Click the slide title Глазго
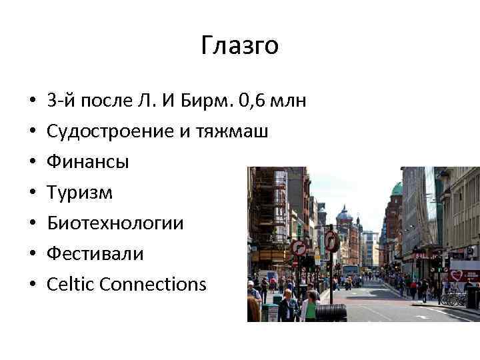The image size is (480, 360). tap(239, 46)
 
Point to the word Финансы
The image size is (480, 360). tap(88, 162)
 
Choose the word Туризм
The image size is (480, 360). tap(80, 193)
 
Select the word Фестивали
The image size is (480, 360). tap(95, 254)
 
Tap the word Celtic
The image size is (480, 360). tap(69, 285)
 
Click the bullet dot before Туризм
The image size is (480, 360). tap(32, 193)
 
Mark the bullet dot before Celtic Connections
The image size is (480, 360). tap(32, 285)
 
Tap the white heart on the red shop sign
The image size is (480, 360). tap(456, 275)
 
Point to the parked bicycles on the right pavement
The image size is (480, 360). tap(453, 298)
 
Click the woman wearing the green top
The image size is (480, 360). tap(309, 307)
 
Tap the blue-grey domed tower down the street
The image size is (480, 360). tap(344, 215)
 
